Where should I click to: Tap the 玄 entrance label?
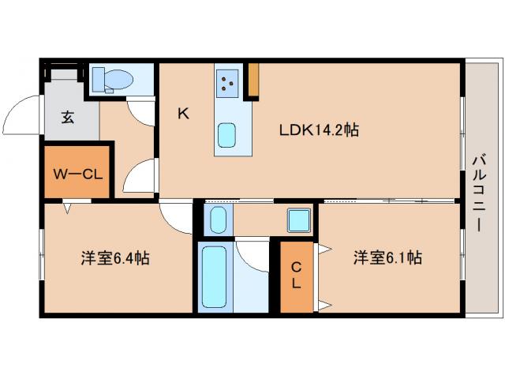coord(68,118)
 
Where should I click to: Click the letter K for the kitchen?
coord(182,114)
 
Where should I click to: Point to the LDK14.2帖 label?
coord(319,130)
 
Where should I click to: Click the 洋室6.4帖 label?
coord(115,258)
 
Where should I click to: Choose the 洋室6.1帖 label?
coord(387,258)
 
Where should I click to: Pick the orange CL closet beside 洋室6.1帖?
coord(296,276)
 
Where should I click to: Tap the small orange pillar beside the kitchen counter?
coord(254,79)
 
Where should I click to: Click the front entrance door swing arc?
coord(22,117)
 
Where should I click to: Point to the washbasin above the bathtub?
coord(218,219)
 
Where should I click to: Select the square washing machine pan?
coord(298,219)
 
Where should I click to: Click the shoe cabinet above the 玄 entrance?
coord(62,75)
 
